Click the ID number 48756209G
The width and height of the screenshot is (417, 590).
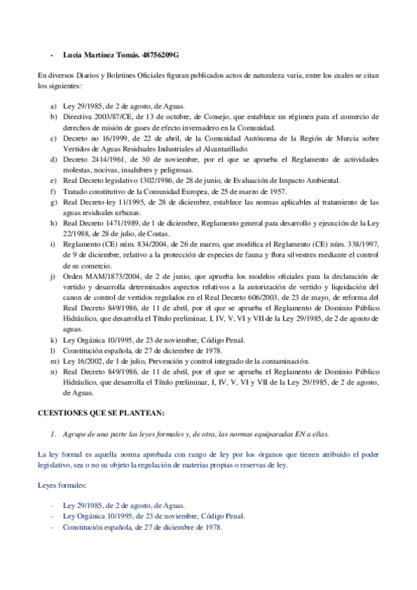[161, 54]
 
